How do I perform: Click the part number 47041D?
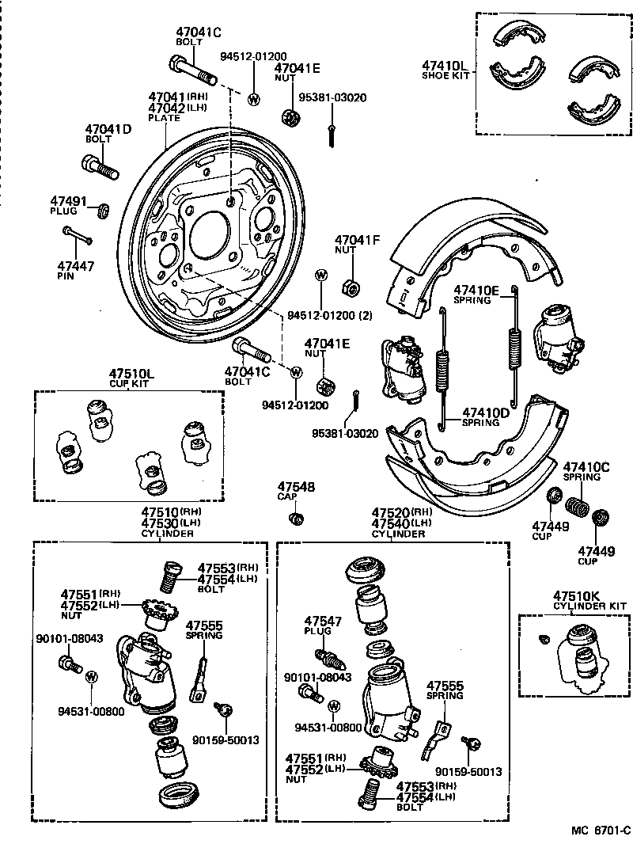pos(108,129)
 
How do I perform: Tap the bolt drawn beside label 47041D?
pos(99,167)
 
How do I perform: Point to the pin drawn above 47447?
pos(78,235)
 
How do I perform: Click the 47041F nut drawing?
pos(347,285)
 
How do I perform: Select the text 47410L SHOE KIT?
pos(445,70)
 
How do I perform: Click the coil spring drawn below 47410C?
pos(577,505)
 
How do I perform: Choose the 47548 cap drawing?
pos(297,519)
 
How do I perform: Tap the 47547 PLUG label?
pos(323,626)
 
